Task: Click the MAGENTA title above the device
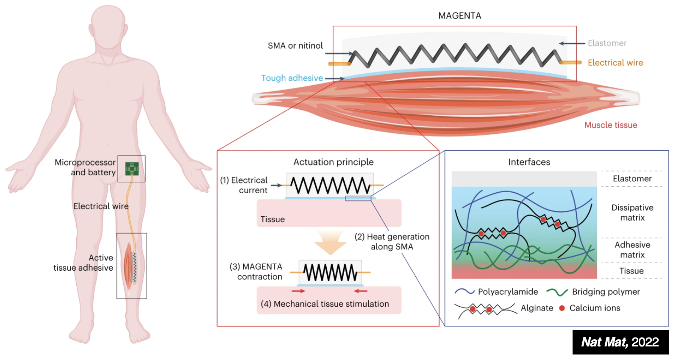click(459, 16)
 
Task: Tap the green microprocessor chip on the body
click(132, 169)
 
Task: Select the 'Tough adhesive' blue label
click(292, 78)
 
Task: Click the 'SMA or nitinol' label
click(295, 46)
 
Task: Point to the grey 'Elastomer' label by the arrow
click(607, 43)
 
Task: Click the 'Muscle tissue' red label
click(610, 125)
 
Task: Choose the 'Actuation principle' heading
click(334, 162)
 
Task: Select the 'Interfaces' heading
click(529, 162)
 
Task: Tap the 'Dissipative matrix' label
click(632, 213)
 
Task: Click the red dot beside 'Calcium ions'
click(562, 308)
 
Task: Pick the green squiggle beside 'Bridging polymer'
click(557, 292)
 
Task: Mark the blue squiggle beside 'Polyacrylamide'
click(464, 292)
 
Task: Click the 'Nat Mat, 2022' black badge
click(620, 342)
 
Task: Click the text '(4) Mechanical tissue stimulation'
click(325, 304)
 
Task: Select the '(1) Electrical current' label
click(244, 186)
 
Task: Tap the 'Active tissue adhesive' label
click(83, 263)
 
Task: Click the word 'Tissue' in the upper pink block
click(273, 219)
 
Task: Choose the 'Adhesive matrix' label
click(632, 250)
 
